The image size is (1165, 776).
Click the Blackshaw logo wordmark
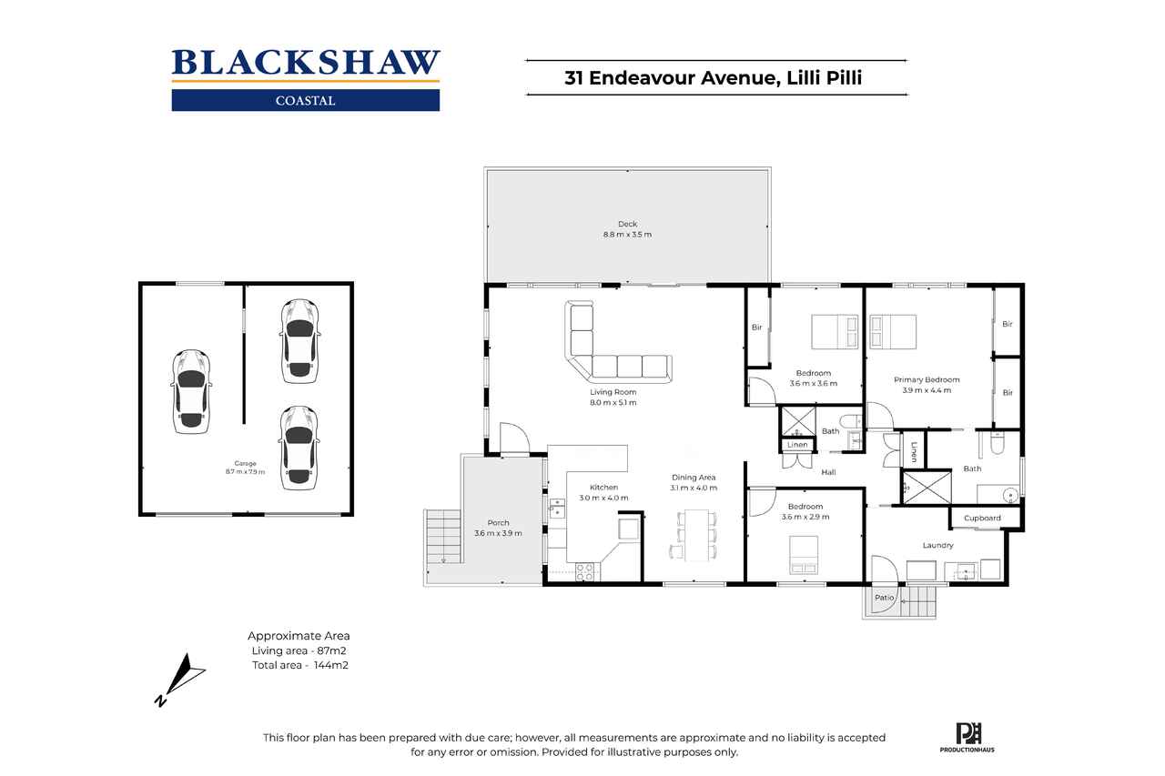click(306, 63)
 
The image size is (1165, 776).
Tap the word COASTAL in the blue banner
click(305, 101)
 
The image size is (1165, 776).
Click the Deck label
click(627, 224)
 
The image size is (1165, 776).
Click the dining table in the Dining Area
click(696, 535)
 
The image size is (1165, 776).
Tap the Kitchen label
click(603, 488)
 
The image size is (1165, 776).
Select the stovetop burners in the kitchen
click(584, 572)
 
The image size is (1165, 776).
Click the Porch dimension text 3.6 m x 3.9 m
click(498, 533)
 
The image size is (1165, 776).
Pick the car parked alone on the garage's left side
click(191, 391)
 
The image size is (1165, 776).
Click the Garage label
click(245, 463)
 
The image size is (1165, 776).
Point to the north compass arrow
click(180, 680)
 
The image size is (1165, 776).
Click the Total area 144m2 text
click(300, 665)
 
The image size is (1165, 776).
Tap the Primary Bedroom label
click(927, 380)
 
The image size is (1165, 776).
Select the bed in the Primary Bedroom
click(893, 332)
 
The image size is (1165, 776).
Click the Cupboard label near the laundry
click(982, 519)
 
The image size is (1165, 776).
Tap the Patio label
click(884, 598)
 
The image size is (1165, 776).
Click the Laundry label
click(937, 545)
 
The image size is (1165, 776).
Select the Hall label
click(828, 472)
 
